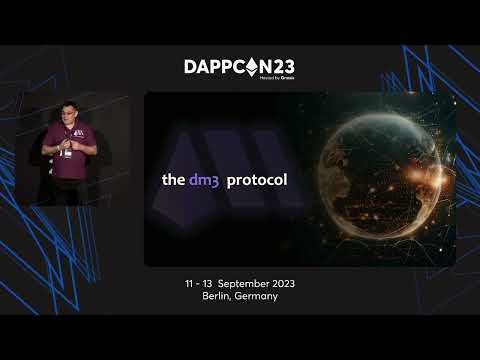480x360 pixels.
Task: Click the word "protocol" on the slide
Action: click(257, 181)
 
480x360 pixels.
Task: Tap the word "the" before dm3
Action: click(173, 181)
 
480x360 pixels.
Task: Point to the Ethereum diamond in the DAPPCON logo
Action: click(246, 66)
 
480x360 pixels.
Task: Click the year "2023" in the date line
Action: click(280, 284)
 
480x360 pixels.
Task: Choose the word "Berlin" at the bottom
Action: click(219, 297)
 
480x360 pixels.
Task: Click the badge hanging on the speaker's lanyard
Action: click(65, 153)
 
